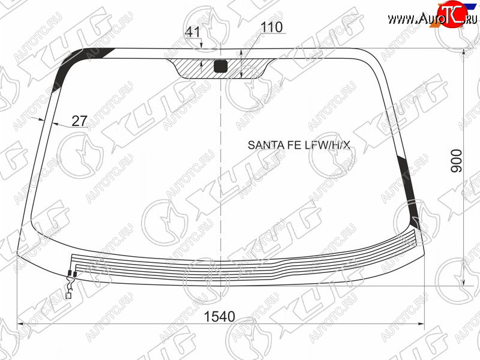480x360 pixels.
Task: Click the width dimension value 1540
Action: point(219,316)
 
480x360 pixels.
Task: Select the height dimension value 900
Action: point(457,161)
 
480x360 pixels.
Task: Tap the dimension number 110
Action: point(272,27)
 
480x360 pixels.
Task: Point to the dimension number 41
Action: point(193,32)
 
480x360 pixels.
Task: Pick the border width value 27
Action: point(80,121)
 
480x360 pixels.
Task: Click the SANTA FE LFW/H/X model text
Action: point(298,145)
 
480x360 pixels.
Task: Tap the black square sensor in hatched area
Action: point(220,67)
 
